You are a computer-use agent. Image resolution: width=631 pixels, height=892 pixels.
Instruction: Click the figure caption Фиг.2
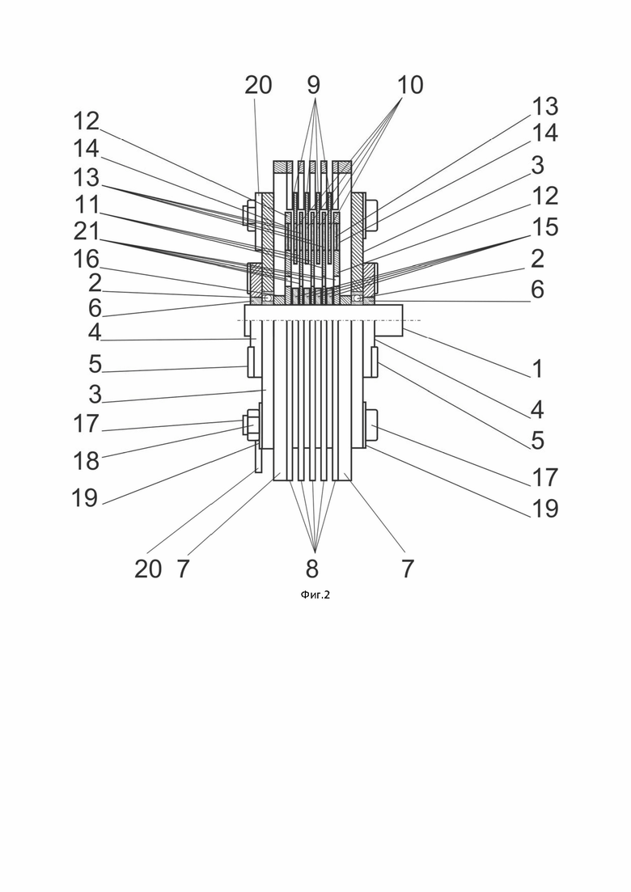tap(315, 595)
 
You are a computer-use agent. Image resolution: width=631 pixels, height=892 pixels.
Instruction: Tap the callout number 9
tap(314, 85)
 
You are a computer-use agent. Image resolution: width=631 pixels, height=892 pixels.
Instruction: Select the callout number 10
tap(410, 85)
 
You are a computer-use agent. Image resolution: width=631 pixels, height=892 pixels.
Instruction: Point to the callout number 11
tap(87, 205)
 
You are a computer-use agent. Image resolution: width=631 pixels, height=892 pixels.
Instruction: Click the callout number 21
tap(87, 231)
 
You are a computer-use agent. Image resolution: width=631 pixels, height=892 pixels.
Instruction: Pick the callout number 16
tap(87, 260)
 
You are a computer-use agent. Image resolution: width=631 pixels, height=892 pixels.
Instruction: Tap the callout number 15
tap(544, 226)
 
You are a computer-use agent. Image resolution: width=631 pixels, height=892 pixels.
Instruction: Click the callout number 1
tap(537, 369)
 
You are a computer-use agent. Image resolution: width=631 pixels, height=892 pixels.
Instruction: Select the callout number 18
tap(87, 461)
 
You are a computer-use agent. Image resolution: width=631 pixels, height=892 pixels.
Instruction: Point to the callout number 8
tap(311, 569)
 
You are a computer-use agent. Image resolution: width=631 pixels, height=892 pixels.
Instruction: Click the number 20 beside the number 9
tap(258, 85)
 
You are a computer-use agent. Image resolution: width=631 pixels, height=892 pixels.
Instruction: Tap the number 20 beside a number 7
tap(148, 569)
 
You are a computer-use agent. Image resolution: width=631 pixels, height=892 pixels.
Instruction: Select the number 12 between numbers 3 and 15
tap(544, 196)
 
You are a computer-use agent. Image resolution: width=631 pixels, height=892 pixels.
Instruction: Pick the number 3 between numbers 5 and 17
tap(95, 394)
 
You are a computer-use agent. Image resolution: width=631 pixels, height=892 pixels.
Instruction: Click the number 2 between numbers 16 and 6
tap(95, 283)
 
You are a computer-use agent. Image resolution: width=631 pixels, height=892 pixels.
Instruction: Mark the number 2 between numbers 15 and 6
tap(537, 259)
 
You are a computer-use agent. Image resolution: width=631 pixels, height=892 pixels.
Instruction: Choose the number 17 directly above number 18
tap(87, 424)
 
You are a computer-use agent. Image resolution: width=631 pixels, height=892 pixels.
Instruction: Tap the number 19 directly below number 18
tap(85, 498)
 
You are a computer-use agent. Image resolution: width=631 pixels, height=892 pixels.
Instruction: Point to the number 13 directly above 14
tap(545, 107)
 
